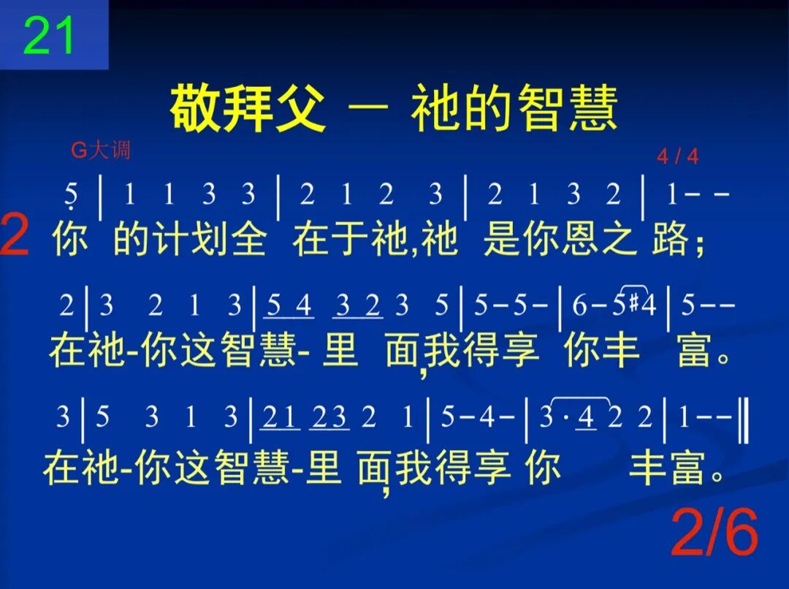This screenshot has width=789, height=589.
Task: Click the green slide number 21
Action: tap(49, 36)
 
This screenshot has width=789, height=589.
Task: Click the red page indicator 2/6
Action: tap(714, 533)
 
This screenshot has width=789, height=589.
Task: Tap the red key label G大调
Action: tap(101, 151)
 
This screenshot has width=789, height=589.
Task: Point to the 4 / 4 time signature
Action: tap(677, 156)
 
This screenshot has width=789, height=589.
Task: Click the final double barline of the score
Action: tap(744, 418)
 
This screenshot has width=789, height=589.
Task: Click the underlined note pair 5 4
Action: tap(290, 305)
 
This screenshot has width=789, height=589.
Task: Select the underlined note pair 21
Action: tap(281, 417)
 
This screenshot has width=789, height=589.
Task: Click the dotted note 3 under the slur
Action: tap(546, 417)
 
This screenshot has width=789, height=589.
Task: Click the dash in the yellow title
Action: tap(369, 110)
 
